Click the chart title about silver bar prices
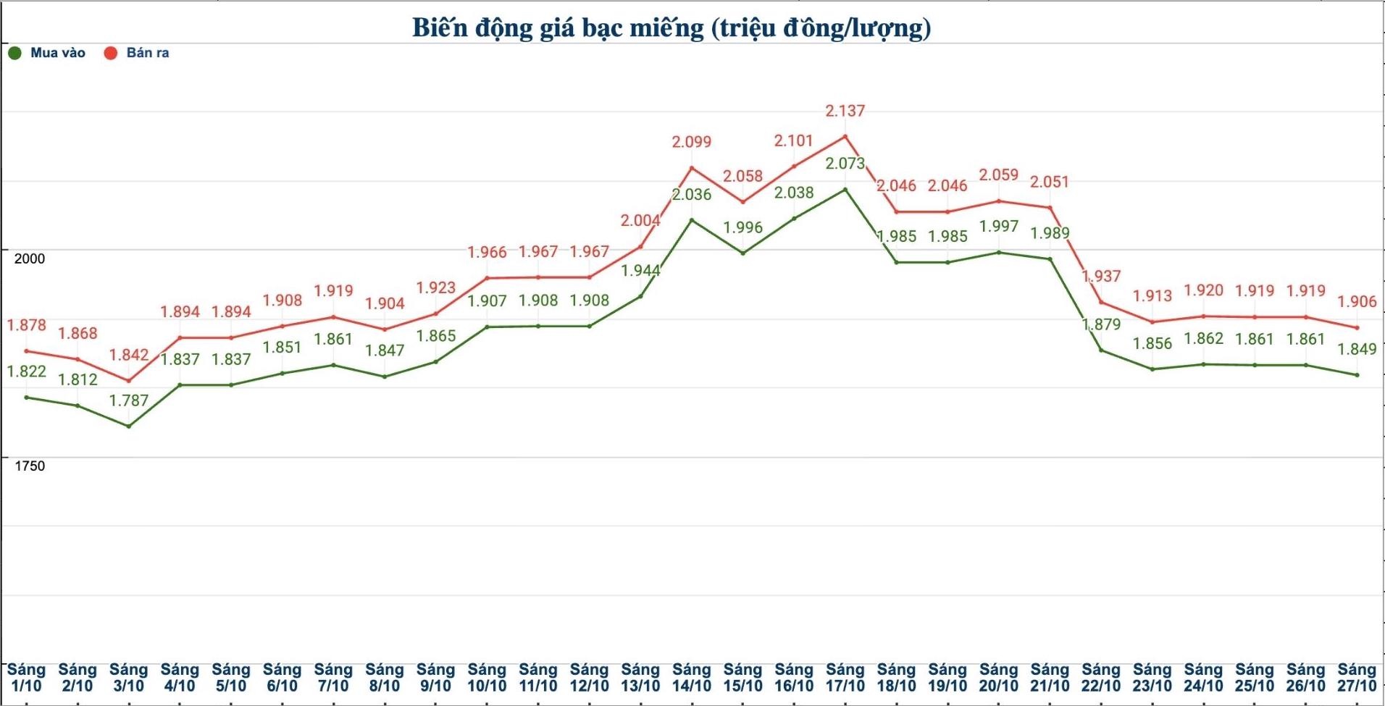671,28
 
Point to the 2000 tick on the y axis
30,259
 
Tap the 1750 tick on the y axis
30,466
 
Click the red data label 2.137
845,111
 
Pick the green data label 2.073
845,164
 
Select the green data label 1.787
129,400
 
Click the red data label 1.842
129,355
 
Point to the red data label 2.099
692,142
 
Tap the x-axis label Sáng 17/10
845,678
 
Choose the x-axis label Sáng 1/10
26,678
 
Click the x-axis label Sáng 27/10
1357,678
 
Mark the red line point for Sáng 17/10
845,136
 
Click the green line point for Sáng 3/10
129,426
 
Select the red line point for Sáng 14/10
692,168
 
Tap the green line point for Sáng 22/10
1101,350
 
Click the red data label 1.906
1357,301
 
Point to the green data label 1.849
1357,349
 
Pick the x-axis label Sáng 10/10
487,678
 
